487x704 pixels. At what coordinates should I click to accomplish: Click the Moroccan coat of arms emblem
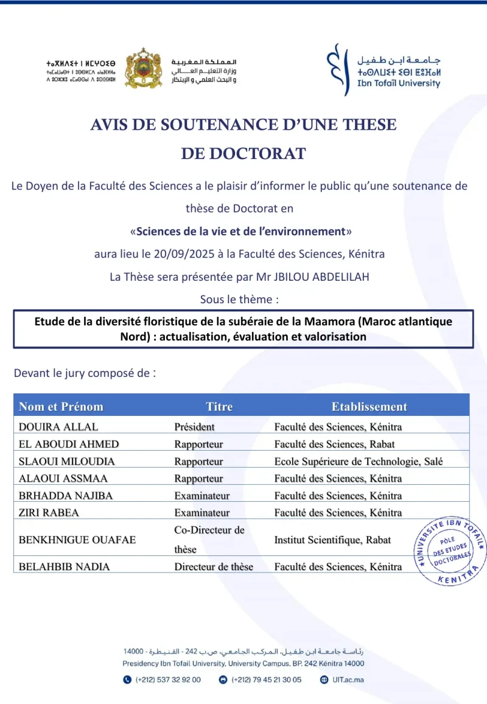point(144,68)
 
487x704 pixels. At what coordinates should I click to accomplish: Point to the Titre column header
point(219,406)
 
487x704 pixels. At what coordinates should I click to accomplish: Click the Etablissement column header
point(369,406)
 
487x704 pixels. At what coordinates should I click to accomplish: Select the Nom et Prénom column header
point(61,406)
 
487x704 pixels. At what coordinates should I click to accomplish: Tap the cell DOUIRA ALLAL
point(58,426)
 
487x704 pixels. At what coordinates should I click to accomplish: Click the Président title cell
point(194,426)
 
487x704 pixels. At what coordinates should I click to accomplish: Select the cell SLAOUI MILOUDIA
point(67,461)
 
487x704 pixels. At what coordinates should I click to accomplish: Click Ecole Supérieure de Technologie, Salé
point(358,461)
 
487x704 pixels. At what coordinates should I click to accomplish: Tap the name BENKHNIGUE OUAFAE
point(77,540)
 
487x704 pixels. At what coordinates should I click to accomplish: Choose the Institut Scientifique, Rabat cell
point(332,540)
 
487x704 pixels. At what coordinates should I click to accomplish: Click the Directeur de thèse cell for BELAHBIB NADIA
point(213,566)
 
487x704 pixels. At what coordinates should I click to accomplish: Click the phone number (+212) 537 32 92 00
point(167,680)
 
